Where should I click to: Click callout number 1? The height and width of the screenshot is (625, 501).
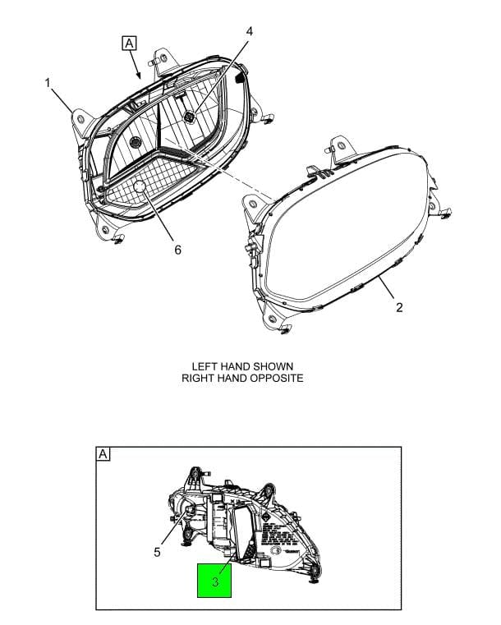(48, 83)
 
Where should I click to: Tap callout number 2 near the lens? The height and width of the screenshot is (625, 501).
(399, 308)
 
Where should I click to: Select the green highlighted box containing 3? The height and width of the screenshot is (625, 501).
(214, 581)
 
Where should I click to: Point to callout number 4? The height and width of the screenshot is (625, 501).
(250, 32)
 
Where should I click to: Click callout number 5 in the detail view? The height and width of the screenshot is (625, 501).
(157, 553)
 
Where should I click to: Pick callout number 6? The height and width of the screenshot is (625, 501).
(177, 250)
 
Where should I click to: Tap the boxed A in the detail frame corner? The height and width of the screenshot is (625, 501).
(103, 454)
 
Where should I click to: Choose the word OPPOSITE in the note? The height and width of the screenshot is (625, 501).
(274, 379)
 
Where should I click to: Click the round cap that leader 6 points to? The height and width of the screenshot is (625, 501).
(139, 188)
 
